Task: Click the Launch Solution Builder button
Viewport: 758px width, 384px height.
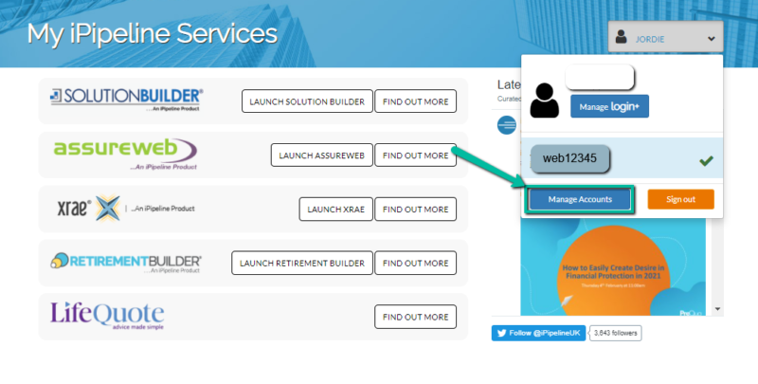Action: (x=306, y=101)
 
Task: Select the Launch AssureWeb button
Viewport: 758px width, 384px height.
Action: (x=320, y=155)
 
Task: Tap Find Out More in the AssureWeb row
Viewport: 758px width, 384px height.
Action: (x=415, y=155)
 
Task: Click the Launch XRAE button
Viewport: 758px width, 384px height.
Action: (x=334, y=209)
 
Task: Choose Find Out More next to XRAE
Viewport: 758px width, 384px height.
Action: (x=415, y=209)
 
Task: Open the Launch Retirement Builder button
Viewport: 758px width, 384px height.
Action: (x=300, y=263)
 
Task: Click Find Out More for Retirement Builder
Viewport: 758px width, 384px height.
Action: (x=415, y=263)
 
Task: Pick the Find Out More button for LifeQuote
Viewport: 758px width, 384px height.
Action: (x=415, y=317)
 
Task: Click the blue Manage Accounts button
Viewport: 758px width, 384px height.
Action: (x=580, y=199)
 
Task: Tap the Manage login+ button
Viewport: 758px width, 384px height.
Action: (x=609, y=107)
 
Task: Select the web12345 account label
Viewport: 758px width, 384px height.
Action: (x=568, y=158)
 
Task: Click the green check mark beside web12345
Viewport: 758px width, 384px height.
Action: (x=706, y=160)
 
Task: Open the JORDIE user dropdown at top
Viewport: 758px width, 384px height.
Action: (x=665, y=39)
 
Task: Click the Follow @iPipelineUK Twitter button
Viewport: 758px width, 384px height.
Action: (x=538, y=333)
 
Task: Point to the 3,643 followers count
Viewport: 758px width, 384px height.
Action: (x=615, y=333)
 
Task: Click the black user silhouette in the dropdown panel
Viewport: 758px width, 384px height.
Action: (x=545, y=101)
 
